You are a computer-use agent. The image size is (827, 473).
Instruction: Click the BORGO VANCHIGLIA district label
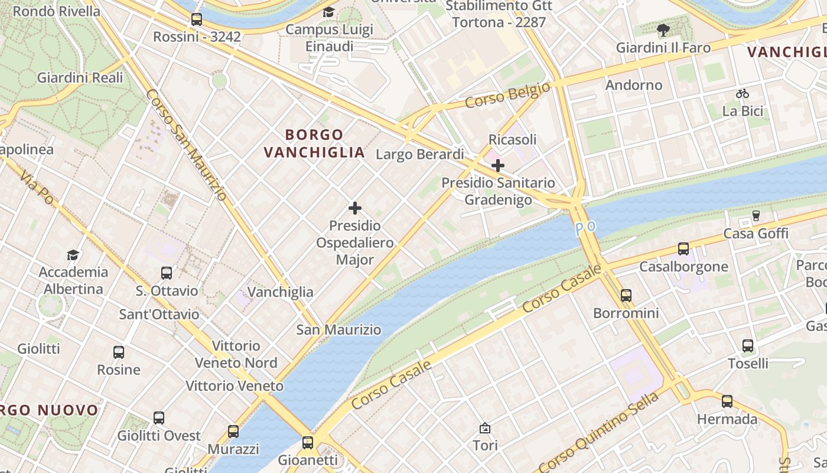click(314, 144)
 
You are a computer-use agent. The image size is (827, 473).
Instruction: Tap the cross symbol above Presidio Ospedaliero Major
click(355, 208)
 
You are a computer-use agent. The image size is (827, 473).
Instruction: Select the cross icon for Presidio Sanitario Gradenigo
click(498, 166)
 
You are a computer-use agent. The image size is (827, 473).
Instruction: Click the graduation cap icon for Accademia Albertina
click(73, 255)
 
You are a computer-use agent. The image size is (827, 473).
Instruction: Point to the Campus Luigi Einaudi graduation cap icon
click(328, 12)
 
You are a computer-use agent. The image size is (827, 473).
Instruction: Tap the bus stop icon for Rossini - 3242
click(197, 20)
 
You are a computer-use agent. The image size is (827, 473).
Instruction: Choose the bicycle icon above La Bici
click(743, 93)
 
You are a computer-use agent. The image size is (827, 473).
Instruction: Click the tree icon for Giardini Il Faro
click(663, 30)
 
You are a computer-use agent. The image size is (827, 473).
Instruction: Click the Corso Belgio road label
click(507, 95)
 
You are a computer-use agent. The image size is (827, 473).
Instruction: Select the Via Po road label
click(36, 188)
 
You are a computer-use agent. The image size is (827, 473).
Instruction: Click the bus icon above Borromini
click(626, 295)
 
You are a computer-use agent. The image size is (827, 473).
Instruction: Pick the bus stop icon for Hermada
click(727, 401)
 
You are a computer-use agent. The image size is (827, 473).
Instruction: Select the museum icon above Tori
click(485, 427)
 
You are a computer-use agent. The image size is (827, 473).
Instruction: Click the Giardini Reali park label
click(80, 77)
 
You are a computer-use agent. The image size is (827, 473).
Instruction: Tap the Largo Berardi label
click(420, 154)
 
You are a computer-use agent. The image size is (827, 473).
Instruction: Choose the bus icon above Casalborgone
click(683, 249)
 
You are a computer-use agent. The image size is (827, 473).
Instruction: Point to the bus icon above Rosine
click(119, 352)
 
